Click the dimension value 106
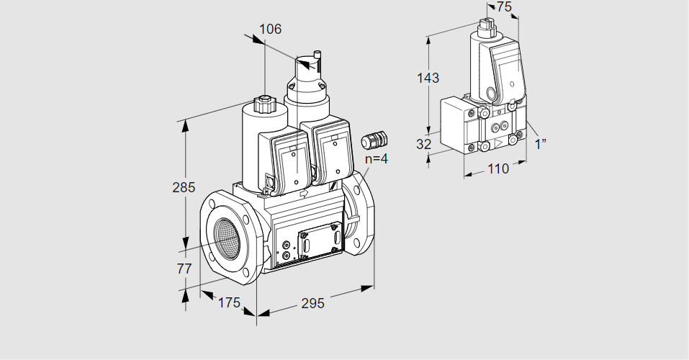[x=270, y=29]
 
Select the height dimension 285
[x=184, y=188]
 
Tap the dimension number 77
[x=184, y=269]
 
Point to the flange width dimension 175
[x=229, y=303]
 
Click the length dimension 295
[x=312, y=303]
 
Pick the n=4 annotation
[x=377, y=158]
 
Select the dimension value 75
[x=504, y=7]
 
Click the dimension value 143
[x=428, y=78]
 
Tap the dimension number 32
[x=423, y=144]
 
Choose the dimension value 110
[x=498, y=168]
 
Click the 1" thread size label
[x=541, y=144]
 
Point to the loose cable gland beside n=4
[x=374, y=140]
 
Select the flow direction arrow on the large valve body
[x=304, y=193]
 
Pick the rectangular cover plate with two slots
[x=320, y=241]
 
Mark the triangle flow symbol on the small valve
[x=499, y=144]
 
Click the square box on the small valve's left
[x=457, y=125]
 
